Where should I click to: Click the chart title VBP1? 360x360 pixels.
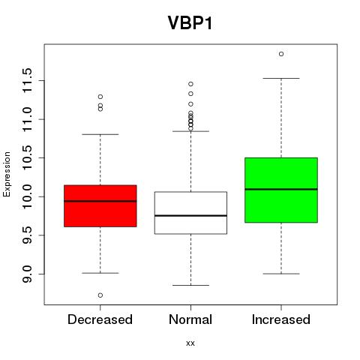(x=190, y=23)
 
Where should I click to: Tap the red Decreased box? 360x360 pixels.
(x=100, y=206)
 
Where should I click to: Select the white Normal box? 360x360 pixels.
(x=190, y=213)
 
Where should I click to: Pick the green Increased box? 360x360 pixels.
(x=281, y=190)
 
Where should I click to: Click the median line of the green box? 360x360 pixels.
(x=281, y=189)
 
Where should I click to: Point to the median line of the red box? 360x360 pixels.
(x=100, y=201)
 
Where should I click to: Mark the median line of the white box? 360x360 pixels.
(x=190, y=215)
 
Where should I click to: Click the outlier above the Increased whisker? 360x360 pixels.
(x=281, y=54)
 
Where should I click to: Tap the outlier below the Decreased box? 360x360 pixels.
(x=100, y=295)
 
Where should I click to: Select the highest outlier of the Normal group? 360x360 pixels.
(x=190, y=84)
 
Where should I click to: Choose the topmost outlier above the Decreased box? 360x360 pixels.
(x=100, y=97)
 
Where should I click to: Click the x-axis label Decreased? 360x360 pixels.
(x=100, y=319)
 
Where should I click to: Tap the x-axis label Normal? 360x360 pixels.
(x=190, y=319)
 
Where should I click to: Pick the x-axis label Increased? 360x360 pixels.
(x=281, y=319)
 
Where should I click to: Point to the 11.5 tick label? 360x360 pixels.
(x=28, y=80)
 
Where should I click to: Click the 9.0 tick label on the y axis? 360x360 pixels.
(x=28, y=274)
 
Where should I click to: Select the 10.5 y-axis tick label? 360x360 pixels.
(x=28, y=157)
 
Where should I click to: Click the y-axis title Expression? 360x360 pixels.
(x=7, y=174)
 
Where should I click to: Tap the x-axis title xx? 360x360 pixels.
(x=190, y=343)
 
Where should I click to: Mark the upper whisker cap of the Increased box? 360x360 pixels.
(x=281, y=78)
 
